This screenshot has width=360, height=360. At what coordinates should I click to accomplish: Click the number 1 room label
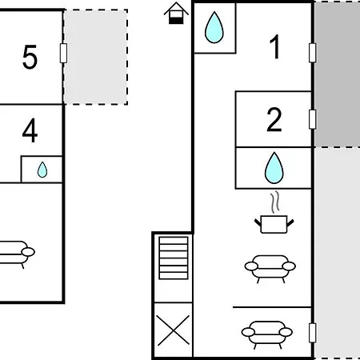pos(275,46)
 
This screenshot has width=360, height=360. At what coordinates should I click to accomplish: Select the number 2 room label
pos(274,119)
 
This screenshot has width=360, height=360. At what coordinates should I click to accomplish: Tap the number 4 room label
pos(30,130)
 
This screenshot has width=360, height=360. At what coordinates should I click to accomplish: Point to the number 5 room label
pos(30,57)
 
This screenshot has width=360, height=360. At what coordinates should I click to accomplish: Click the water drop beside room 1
pos(214,27)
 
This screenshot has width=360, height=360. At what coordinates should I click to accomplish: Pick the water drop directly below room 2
pos(274,168)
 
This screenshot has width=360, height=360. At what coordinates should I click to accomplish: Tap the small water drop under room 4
pos(42,170)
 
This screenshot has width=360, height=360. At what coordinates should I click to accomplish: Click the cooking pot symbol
pos(274,224)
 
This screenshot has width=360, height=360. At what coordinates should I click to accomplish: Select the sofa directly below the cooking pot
pos(270,268)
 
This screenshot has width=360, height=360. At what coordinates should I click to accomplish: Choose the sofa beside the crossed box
pos(267,334)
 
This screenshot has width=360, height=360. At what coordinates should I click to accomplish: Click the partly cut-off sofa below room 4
pos(16,254)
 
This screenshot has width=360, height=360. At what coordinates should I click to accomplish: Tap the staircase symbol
pos(174,258)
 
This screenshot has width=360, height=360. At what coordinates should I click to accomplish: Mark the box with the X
pos(174,330)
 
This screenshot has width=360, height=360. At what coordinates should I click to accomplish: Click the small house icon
pos(176,14)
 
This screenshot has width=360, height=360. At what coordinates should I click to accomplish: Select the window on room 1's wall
pos(313,53)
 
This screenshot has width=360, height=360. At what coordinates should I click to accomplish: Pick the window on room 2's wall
pos(313,119)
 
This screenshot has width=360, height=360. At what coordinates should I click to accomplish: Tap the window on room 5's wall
pos(63,53)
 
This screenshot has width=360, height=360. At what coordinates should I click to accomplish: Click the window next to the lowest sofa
pos(313,333)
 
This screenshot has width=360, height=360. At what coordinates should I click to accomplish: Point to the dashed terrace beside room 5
pos(95,57)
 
